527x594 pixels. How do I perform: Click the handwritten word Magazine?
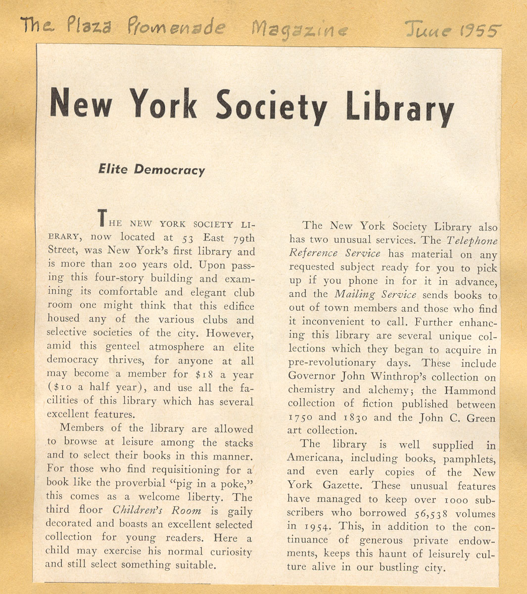pos(299,30)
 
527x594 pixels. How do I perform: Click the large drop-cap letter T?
pos(102,218)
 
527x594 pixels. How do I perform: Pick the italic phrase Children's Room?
pos(157,510)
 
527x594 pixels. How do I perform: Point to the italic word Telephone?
pos(472,241)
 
